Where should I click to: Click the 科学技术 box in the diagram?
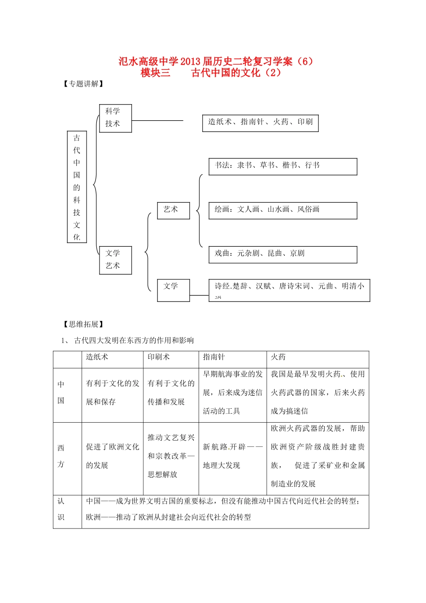click(115, 118)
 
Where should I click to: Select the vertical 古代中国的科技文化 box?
click(77, 187)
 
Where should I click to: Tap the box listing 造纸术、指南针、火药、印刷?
click(260, 122)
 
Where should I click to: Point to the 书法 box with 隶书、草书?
click(283, 166)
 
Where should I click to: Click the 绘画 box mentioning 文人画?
click(283, 210)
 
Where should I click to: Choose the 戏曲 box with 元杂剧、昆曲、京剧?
click(283, 254)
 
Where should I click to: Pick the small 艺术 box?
click(173, 210)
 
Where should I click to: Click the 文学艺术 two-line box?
click(115, 260)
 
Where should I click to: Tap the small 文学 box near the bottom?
click(173, 290)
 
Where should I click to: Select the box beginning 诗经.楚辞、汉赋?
click(289, 290)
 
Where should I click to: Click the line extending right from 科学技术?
click(157, 120)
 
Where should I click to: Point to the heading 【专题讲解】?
click(83, 84)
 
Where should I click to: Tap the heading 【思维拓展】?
click(83, 324)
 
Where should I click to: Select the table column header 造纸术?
click(97, 357)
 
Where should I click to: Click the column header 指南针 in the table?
click(214, 357)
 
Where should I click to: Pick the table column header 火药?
click(278, 357)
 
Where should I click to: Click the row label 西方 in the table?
click(61, 456)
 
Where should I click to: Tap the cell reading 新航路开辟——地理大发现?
click(232, 456)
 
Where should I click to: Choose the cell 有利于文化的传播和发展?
click(171, 393)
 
